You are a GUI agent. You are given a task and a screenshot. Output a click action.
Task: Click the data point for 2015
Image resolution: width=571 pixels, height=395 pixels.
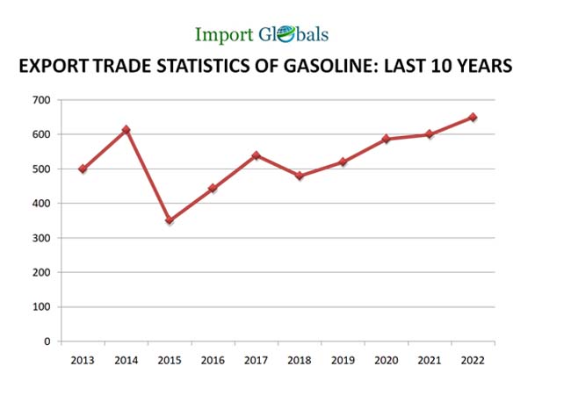point(169,221)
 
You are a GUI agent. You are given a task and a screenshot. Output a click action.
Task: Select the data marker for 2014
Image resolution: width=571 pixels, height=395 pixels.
point(126,130)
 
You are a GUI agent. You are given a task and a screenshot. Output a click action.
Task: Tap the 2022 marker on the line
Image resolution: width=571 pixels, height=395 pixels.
point(473,117)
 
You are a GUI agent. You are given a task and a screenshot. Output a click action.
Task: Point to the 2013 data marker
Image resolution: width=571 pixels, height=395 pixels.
point(83,169)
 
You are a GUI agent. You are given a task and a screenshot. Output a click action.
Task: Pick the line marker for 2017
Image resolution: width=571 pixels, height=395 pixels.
point(256,155)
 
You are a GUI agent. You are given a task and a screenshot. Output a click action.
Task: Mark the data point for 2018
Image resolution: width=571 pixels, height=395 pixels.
point(299,176)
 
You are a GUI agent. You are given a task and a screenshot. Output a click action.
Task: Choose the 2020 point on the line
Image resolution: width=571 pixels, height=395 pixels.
point(386,139)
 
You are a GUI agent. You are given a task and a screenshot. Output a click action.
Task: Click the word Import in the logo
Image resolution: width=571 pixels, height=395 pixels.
point(223,35)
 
